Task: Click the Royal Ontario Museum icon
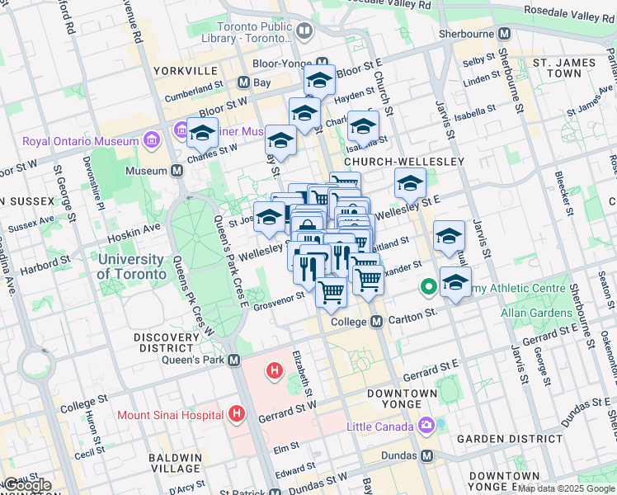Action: [150, 141]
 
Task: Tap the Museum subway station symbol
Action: [177, 171]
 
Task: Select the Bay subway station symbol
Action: [243, 82]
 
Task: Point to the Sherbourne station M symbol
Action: [505, 34]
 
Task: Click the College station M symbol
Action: [376, 321]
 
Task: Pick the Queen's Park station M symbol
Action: [234, 360]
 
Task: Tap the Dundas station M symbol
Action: [426, 455]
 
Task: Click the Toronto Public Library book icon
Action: [304, 32]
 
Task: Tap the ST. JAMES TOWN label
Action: [563, 68]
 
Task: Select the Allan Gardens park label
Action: [535, 313]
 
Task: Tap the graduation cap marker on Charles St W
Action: [202, 132]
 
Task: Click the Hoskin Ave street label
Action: [140, 229]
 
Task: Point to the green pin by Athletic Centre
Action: [428, 288]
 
